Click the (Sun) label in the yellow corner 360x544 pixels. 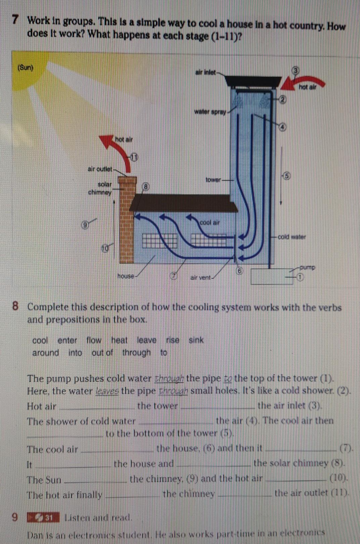[x=26, y=67]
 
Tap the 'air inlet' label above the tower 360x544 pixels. [x=205, y=72]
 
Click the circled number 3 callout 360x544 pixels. [x=295, y=71]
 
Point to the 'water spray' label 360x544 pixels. [x=210, y=111]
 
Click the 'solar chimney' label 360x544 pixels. [x=100, y=188]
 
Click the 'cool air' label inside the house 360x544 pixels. [x=210, y=222]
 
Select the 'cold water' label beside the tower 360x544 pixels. [x=291, y=237]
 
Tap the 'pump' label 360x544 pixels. [x=307, y=268]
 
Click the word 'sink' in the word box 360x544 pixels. [x=196, y=340]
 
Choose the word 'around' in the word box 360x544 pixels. [x=46, y=353]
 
